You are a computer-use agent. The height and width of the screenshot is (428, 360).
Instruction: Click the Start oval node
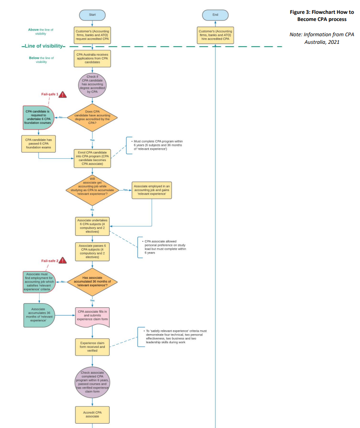(93, 15)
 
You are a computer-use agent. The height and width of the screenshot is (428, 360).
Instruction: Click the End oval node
(216, 15)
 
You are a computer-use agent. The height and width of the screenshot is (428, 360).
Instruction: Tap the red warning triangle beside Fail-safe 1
(62, 94)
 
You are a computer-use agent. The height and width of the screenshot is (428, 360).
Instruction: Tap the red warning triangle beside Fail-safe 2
(62, 260)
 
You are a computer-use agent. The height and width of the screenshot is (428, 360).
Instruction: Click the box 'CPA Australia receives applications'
(93, 58)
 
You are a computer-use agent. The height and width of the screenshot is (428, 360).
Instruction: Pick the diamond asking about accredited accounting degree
(93, 117)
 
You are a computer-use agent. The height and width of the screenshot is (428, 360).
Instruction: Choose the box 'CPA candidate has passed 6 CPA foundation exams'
(39, 144)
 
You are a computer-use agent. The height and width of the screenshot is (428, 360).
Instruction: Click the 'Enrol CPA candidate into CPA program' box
(93, 159)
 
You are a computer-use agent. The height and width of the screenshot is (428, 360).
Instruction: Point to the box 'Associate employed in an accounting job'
(152, 190)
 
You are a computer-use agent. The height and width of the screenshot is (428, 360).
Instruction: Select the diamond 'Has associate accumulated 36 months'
(93, 282)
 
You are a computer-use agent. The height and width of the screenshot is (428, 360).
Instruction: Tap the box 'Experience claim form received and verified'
(93, 347)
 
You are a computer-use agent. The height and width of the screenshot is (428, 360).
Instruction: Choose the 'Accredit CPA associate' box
(93, 414)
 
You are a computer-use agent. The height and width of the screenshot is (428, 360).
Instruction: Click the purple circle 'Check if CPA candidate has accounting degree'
(93, 85)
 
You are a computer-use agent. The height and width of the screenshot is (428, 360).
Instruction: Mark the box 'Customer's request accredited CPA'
(93, 35)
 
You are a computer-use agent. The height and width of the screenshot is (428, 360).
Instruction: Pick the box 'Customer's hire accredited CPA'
(216, 35)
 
